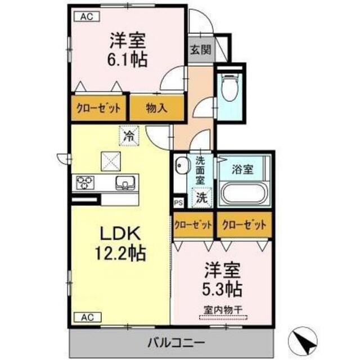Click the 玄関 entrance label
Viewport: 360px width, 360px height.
coord(200,49)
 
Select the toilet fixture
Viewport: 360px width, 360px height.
coord(229,88)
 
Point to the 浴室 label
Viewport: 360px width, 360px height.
coord(244,167)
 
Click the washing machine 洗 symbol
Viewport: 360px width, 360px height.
coord(201,197)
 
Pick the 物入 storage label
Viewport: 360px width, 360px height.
coord(157,108)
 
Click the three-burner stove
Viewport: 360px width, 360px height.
coord(87,182)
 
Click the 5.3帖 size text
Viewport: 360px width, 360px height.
coord(223,289)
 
